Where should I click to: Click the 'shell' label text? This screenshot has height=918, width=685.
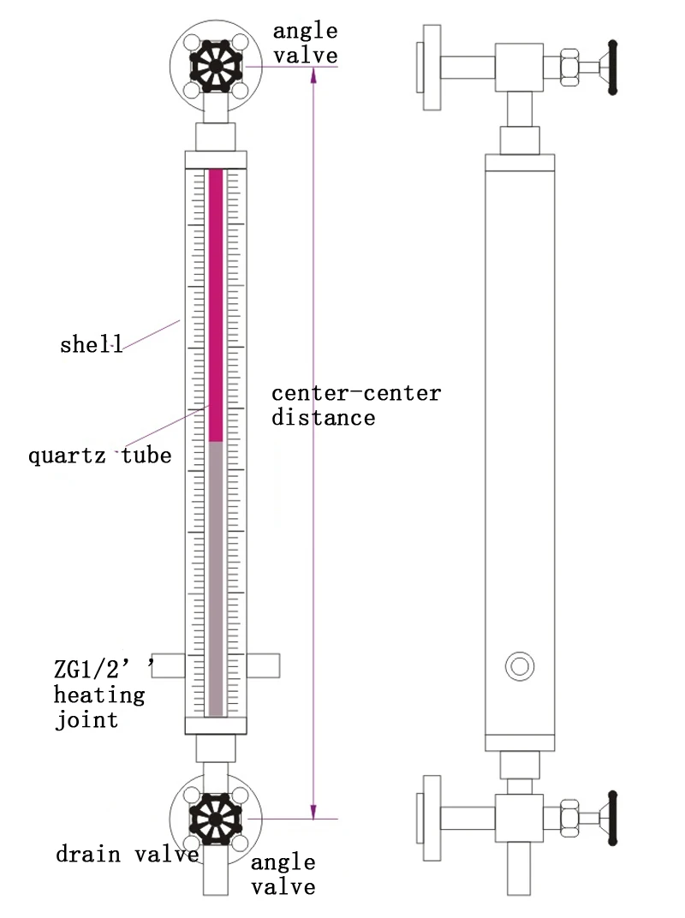(x=91, y=345)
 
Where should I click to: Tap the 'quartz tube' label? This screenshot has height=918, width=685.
(x=100, y=456)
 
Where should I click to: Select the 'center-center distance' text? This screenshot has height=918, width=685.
(x=356, y=405)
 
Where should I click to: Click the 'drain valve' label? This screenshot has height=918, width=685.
(x=128, y=854)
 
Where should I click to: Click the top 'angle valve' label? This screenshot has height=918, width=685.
(x=305, y=44)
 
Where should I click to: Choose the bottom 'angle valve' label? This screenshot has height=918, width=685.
(x=283, y=874)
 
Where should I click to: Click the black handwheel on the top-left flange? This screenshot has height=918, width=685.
(x=215, y=63)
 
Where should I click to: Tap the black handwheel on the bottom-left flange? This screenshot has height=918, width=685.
(x=215, y=818)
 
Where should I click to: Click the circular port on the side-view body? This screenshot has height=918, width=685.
(x=518, y=665)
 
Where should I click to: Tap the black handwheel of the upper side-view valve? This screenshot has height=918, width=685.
(x=613, y=66)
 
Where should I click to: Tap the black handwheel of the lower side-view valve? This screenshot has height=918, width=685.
(x=613, y=817)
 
